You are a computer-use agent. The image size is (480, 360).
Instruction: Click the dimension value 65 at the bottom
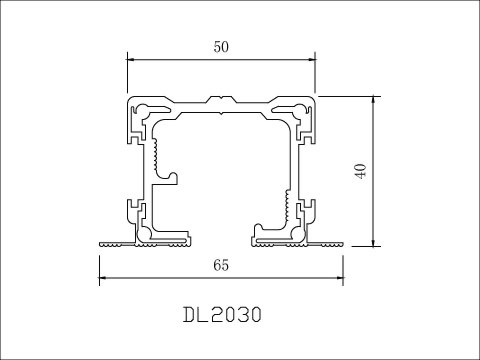(222, 265)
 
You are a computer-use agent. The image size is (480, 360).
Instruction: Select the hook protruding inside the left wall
(172, 178)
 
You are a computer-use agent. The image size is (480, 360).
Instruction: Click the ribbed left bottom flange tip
(110, 241)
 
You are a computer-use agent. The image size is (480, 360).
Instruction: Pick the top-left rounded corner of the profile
(130, 101)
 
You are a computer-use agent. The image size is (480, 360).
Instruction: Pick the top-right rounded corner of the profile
(314, 101)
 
